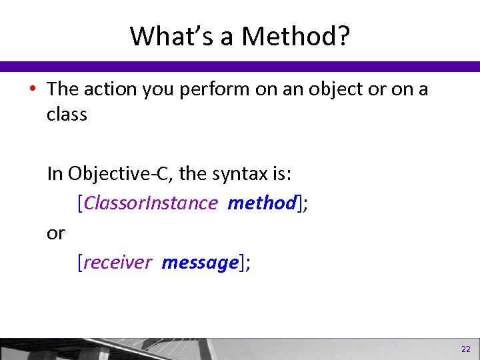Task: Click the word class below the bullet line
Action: click(x=67, y=115)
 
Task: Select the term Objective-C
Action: click(x=120, y=175)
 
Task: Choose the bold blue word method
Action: click(x=261, y=203)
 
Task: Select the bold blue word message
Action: click(x=199, y=263)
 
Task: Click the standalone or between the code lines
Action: click(x=56, y=233)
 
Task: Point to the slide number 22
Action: click(x=465, y=349)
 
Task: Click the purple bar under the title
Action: click(x=240, y=67)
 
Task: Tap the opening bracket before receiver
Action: click(x=80, y=263)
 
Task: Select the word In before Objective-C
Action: click(x=55, y=175)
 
